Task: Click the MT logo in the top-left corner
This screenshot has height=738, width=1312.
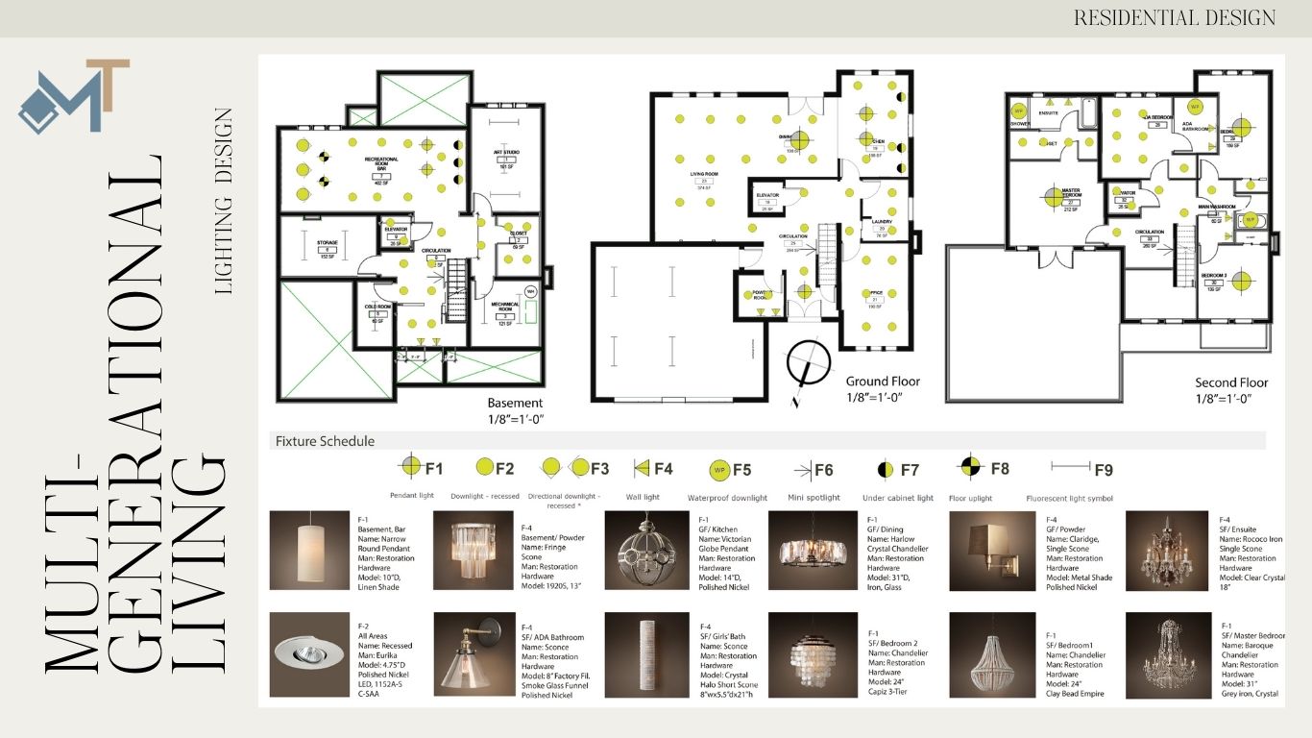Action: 74,96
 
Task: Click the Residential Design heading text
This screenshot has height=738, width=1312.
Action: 1174,17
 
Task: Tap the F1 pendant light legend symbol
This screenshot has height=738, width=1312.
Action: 411,468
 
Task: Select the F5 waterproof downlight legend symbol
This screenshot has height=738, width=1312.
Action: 718,470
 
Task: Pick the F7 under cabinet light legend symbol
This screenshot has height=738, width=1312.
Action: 886,470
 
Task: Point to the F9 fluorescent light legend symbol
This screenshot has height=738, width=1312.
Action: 1069,469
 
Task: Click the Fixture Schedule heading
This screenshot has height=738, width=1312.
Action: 325,441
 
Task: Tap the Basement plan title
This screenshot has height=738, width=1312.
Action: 515,403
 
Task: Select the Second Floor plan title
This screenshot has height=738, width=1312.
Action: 1231,381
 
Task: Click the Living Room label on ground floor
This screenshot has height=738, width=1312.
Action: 704,175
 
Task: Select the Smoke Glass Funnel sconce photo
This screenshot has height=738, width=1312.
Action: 474,653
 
